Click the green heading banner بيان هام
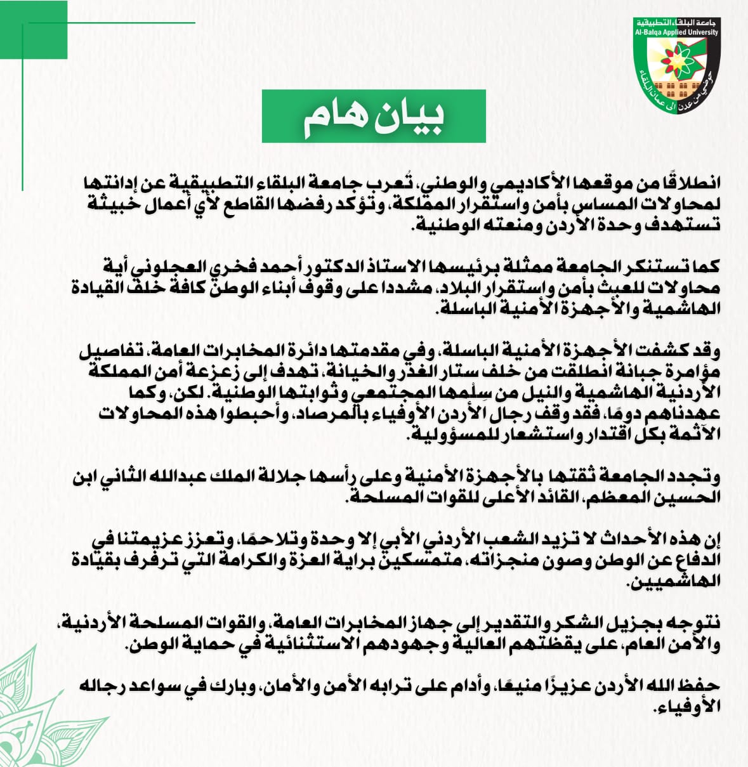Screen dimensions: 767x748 374,116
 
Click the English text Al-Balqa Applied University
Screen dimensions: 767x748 676,32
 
